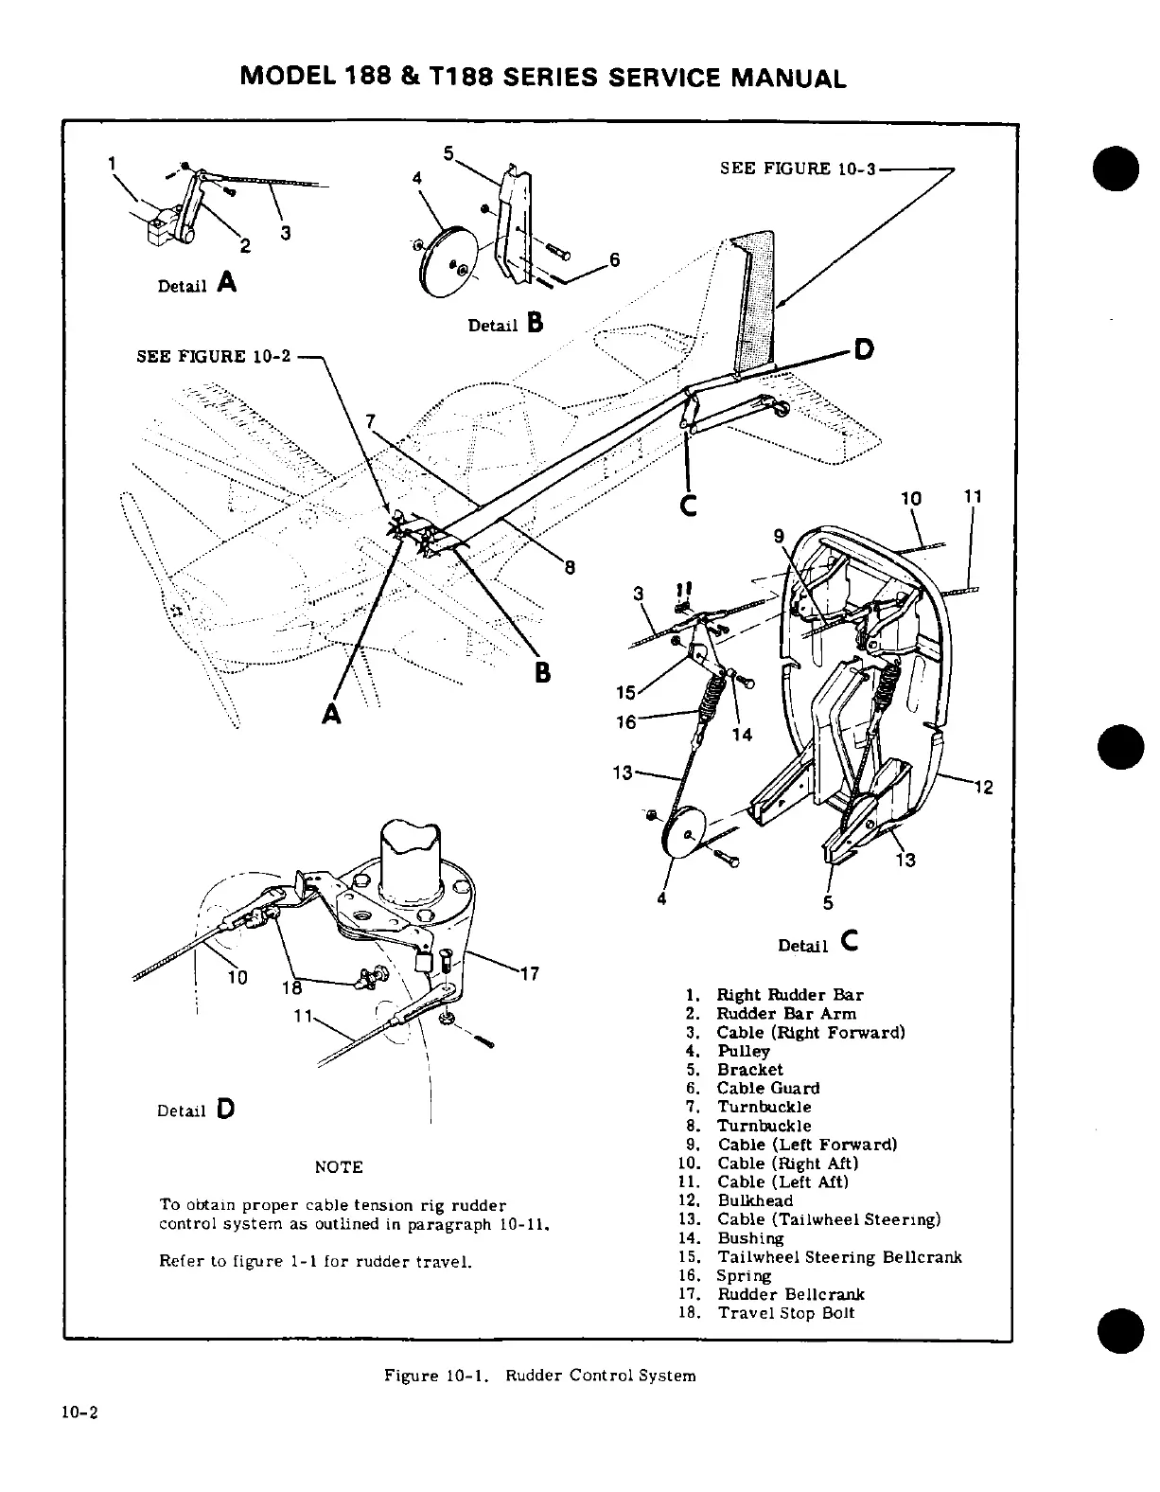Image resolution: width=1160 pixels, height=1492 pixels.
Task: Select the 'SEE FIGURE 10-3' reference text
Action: coord(798,169)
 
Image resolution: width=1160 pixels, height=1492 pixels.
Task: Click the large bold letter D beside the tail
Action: coord(863,349)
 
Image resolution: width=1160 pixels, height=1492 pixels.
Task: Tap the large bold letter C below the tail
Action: coord(688,505)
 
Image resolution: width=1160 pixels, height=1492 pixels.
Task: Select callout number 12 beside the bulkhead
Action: coord(983,787)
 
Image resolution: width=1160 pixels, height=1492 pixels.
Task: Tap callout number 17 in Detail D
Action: coord(530,972)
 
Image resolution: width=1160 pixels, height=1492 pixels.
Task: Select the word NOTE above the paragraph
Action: coord(338,1167)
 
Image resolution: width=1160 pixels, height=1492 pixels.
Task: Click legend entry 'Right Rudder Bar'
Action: coord(789,995)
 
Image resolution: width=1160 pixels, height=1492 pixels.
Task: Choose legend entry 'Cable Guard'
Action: coord(768,1089)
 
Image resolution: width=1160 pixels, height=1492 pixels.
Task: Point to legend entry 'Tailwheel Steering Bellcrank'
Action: coord(839,1257)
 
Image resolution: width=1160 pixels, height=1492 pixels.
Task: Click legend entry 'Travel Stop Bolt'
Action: coord(785,1313)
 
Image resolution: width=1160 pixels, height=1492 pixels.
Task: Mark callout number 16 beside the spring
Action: coord(626,722)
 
